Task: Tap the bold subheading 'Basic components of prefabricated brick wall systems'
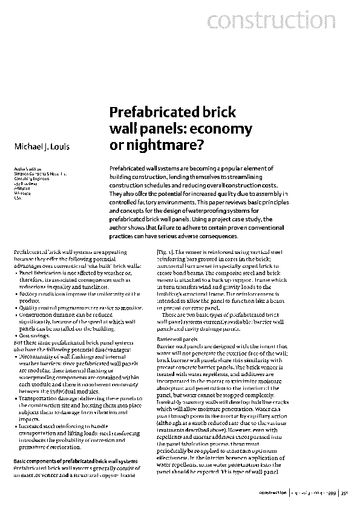pyautogui.click(x=75, y=462)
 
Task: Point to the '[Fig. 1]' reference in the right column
pyautogui.click(x=165, y=268)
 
